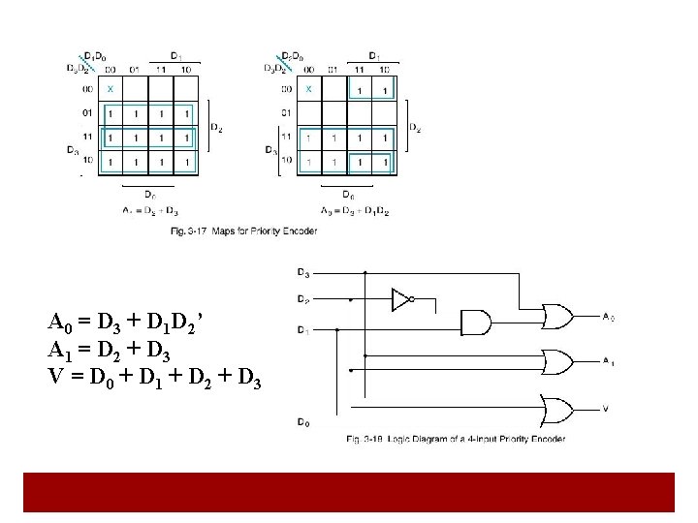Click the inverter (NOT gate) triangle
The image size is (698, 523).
pos(398,300)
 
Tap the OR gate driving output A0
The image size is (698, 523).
pos(557,316)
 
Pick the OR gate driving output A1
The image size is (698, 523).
pos(557,361)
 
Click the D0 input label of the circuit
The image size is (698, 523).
pos(303,423)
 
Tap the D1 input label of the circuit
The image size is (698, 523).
pos(303,330)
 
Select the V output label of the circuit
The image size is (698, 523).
pos(605,408)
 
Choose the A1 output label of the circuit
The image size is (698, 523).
pos(607,361)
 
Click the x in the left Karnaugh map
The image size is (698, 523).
pos(110,89)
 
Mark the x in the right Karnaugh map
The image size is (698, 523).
pos(308,89)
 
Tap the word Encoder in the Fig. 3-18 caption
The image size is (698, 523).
pos(547,439)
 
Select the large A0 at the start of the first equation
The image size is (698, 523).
pos(59,323)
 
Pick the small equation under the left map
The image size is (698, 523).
pos(150,210)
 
